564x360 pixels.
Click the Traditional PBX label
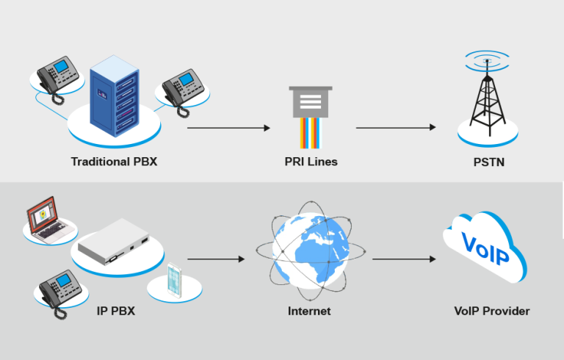point(114,161)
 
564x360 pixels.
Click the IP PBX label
point(115,311)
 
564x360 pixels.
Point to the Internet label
point(309,311)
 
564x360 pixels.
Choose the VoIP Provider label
point(491,311)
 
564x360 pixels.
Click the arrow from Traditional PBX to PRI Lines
point(228,128)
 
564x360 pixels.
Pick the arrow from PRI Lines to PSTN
point(396,128)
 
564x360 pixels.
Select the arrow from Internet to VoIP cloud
point(405,259)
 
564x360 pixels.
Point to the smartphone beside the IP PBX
point(174,280)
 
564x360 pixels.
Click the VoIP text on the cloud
point(485,248)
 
